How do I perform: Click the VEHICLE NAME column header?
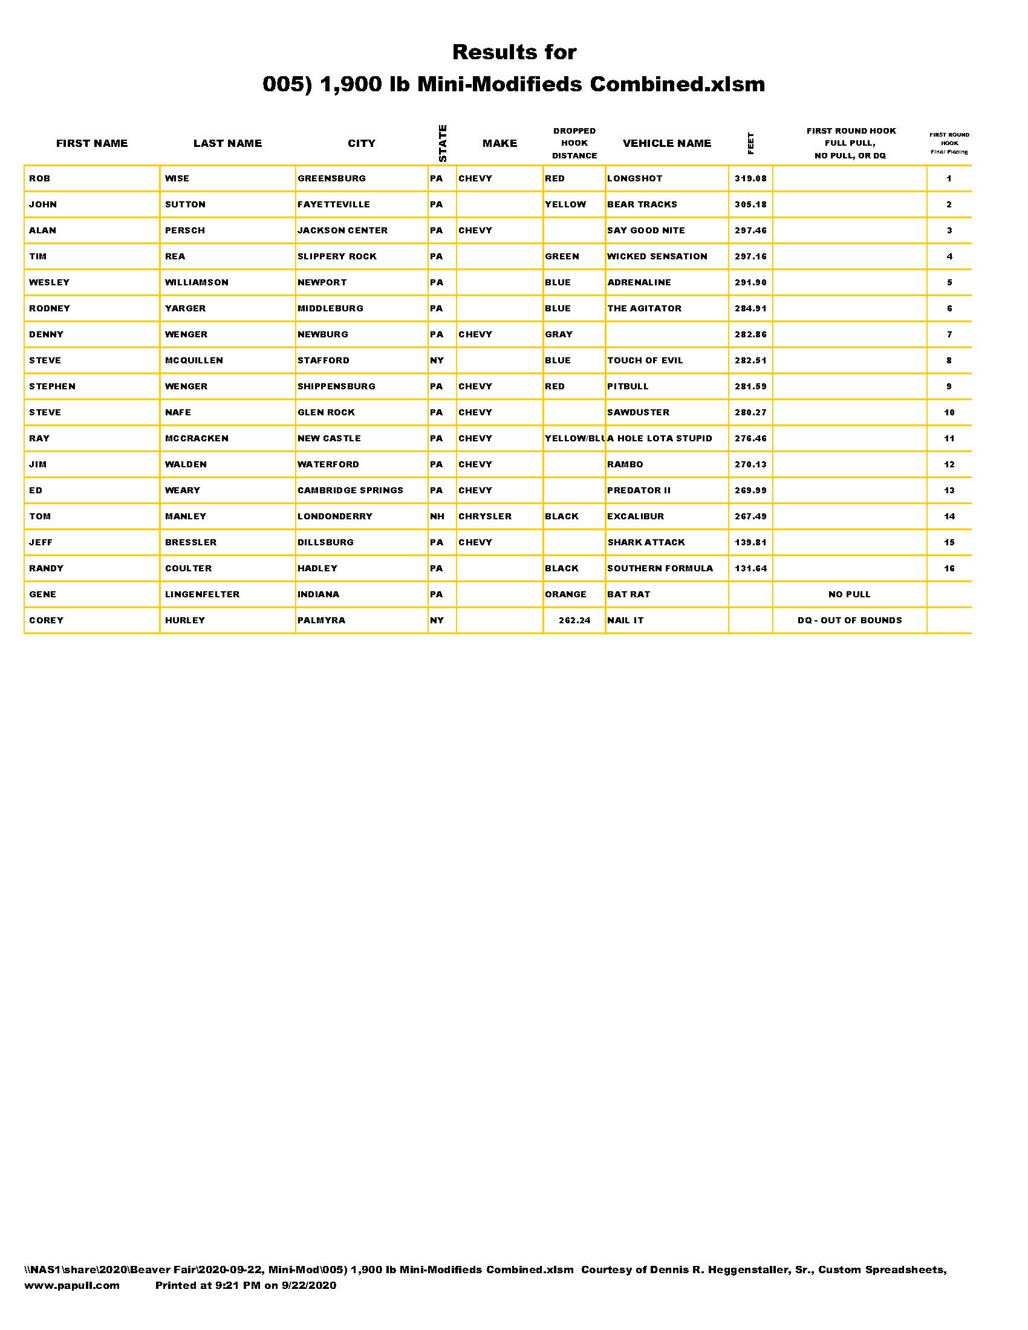click(667, 143)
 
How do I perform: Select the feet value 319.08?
click(750, 178)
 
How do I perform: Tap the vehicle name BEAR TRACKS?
click(642, 204)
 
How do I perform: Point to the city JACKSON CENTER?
click(342, 230)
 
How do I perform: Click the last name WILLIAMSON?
click(197, 282)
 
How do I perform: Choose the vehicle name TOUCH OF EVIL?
click(645, 360)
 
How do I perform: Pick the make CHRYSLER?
click(485, 516)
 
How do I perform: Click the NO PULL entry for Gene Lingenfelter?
click(849, 594)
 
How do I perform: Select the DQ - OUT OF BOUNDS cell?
click(850, 620)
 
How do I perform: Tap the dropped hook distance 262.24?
click(574, 620)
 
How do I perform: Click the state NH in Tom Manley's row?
click(437, 516)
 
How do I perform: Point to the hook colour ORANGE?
click(565, 594)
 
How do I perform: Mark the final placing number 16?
click(949, 569)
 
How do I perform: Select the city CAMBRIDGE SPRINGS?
click(350, 490)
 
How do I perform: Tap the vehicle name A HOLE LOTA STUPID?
click(660, 438)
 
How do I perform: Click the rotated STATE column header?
click(443, 143)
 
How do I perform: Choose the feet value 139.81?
click(750, 543)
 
